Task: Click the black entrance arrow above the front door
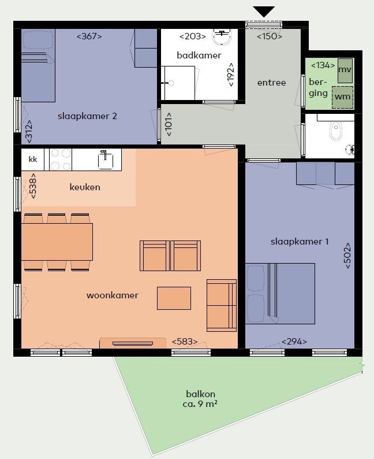pyautogui.click(x=264, y=12)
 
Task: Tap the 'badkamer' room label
pyautogui.click(x=199, y=55)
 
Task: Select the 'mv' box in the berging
pyautogui.click(x=345, y=71)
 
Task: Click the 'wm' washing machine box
pyautogui.click(x=342, y=97)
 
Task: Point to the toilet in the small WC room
pyautogui.click(x=335, y=131)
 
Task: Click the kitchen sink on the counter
pyautogui.click(x=105, y=160)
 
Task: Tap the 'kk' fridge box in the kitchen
pyautogui.click(x=33, y=159)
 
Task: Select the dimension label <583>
pyautogui.click(x=184, y=341)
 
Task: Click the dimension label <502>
pyautogui.click(x=347, y=256)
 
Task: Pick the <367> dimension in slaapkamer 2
pyautogui.click(x=89, y=36)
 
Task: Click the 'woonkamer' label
pyautogui.click(x=112, y=295)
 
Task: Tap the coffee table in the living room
pyautogui.click(x=174, y=298)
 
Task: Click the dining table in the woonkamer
pyautogui.click(x=57, y=242)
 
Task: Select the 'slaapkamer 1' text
pyautogui.click(x=300, y=242)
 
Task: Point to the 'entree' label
pyautogui.click(x=271, y=83)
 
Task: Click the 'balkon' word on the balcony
pyautogui.click(x=200, y=394)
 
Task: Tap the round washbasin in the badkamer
pyautogui.click(x=222, y=36)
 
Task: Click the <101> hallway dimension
pyautogui.click(x=169, y=124)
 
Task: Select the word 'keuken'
pyautogui.click(x=85, y=187)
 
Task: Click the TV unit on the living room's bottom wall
pyautogui.click(x=133, y=343)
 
